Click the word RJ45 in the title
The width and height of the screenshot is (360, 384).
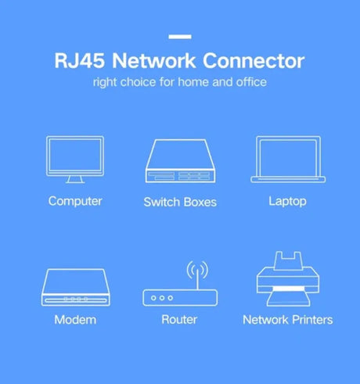tap(80, 61)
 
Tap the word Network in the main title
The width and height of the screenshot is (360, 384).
tap(154, 61)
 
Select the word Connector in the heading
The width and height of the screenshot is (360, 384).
tap(254, 61)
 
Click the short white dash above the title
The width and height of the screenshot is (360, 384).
tap(180, 37)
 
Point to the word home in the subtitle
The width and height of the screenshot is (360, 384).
tap(193, 82)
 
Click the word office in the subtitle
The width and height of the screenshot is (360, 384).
tap(251, 82)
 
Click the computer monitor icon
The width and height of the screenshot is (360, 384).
tap(75, 160)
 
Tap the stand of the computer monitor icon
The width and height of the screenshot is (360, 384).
tap(75, 179)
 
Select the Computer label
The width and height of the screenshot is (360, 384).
tap(75, 201)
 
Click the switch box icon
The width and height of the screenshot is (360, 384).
tap(180, 160)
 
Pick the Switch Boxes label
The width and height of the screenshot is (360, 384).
tap(180, 202)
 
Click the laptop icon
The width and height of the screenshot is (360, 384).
tap(288, 160)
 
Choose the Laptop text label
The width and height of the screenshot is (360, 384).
tap(287, 202)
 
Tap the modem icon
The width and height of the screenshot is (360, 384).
tap(76, 287)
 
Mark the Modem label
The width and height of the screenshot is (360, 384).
tap(75, 320)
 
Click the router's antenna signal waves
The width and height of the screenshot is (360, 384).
tap(197, 269)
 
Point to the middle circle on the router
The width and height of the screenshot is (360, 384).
tap(162, 298)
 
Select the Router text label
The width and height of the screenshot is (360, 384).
tap(179, 320)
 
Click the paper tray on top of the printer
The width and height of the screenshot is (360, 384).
tap(288, 260)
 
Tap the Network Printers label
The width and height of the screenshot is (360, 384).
tap(288, 320)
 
